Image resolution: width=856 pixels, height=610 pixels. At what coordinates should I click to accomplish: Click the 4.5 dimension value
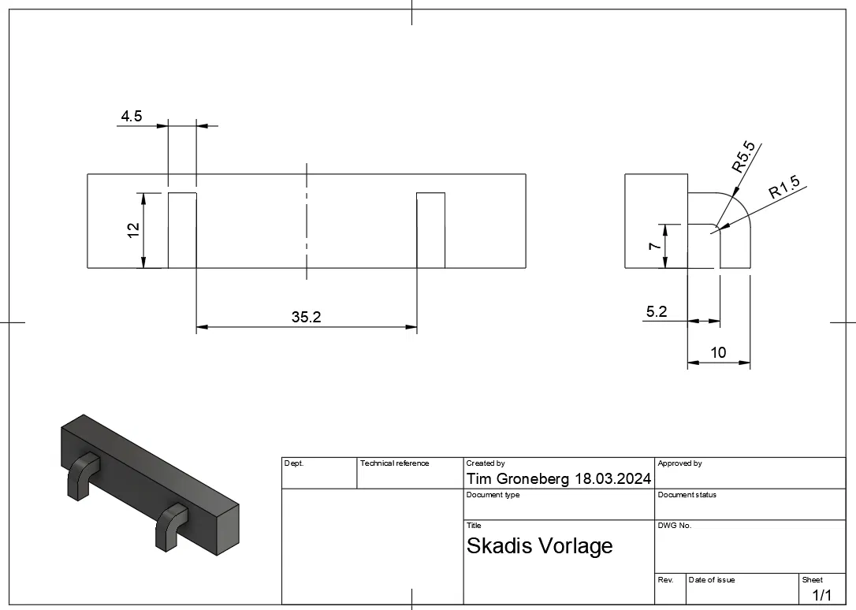pyautogui.click(x=131, y=116)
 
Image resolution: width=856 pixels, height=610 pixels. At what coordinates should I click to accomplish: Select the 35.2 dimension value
pyautogui.click(x=307, y=317)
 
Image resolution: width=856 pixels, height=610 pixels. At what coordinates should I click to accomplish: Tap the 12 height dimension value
pyautogui.click(x=133, y=229)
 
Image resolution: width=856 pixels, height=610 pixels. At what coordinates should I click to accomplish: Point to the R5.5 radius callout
pyautogui.click(x=743, y=157)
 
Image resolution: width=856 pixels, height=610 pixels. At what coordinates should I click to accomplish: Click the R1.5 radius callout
pyautogui.click(x=784, y=187)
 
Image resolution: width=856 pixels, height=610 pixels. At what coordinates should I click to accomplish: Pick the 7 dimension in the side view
pyautogui.click(x=654, y=246)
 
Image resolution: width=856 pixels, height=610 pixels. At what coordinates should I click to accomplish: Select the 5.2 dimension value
pyautogui.click(x=657, y=311)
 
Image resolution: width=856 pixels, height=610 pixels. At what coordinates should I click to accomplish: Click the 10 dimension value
pyautogui.click(x=718, y=352)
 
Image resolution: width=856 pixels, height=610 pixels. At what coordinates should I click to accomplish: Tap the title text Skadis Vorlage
pyautogui.click(x=539, y=546)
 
